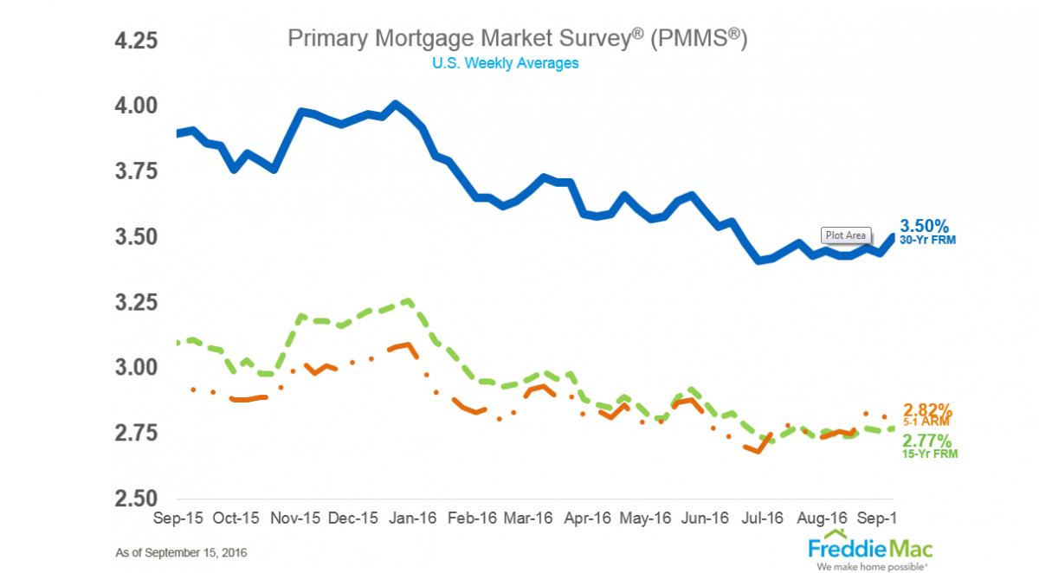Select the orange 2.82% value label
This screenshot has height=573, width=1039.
tap(928, 409)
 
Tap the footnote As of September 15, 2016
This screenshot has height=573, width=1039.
tap(186, 551)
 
